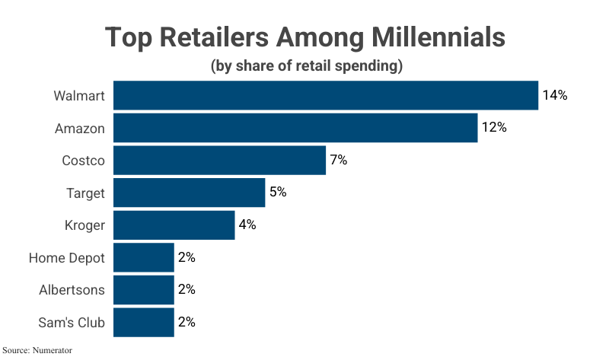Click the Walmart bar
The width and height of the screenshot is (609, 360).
tap(326, 95)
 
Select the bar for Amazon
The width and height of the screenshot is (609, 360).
tap(295, 128)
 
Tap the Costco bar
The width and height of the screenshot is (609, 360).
tap(219, 160)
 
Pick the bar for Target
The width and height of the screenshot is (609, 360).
tap(189, 193)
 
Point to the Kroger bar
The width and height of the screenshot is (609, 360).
tap(174, 225)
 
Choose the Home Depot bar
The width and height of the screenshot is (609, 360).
tap(144, 257)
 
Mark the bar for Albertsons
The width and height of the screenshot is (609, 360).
tap(144, 289)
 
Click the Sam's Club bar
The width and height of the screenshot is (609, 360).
tap(144, 322)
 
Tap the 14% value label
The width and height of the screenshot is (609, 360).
tap(555, 95)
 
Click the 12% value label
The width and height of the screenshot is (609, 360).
tap(494, 128)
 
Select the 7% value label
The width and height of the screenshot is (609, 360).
tap(338, 160)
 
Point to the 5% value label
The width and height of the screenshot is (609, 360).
tap(277, 193)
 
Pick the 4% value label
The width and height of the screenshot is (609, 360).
tap(247, 225)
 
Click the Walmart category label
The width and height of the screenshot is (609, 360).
tap(79, 96)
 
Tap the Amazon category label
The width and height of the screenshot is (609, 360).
tap(80, 129)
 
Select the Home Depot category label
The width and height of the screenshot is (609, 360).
tap(67, 258)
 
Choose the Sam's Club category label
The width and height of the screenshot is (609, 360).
tap(72, 323)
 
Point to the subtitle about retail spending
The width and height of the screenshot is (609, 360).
tap(305, 66)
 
